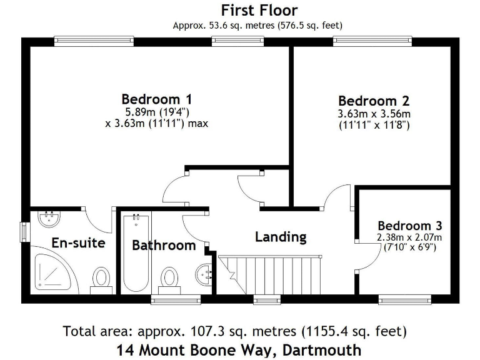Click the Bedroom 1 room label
coord(156,99)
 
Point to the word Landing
coord(281,237)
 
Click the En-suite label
coord(78,242)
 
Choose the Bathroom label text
coord(164,245)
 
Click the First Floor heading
coord(259,11)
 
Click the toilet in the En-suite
coord(101,279)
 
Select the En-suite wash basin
coord(49,219)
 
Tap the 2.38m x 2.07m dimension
coord(409,237)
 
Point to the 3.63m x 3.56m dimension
coord(374,114)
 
